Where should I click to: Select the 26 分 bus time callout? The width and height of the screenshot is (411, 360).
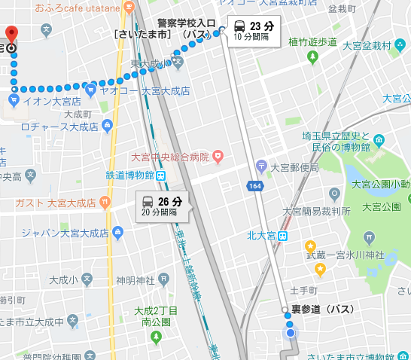[163, 205]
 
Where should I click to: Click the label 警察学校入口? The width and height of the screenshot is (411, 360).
[187, 23]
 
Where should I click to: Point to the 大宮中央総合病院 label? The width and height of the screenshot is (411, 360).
[171, 157]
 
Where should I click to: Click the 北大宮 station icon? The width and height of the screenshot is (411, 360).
[283, 236]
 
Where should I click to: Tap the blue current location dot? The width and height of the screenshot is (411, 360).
[291, 332]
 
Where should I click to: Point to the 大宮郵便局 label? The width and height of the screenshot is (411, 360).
[296, 167]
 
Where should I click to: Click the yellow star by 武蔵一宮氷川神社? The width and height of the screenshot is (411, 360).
[309, 246]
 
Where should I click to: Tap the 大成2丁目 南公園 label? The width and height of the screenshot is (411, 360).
[156, 315]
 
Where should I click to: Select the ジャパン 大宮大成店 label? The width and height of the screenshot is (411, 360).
[59, 231]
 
